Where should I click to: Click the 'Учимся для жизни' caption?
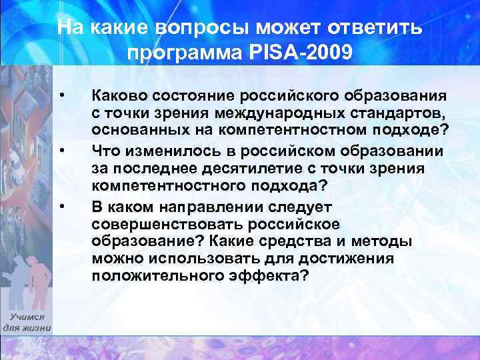[x=27, y=323]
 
